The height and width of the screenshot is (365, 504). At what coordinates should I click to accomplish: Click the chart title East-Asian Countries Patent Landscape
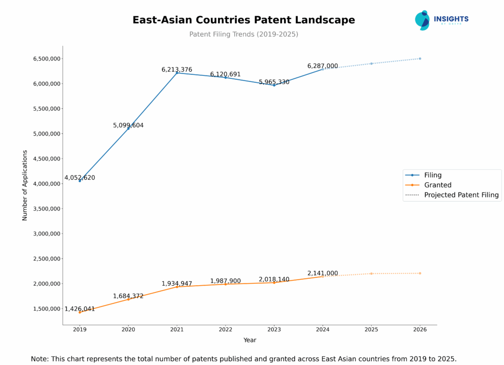click(x=244, y=20)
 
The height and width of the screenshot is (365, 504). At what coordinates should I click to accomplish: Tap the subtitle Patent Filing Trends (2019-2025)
click(x=244, y=34)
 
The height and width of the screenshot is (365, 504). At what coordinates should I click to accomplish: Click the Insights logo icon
click(x=422, y=20)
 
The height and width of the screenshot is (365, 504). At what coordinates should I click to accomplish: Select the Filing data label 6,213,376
click(x=177, y=70)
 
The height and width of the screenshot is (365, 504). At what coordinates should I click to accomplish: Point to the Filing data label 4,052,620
click(x=80, y=178)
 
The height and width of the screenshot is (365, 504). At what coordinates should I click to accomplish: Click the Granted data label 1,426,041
click(x=80, y=309)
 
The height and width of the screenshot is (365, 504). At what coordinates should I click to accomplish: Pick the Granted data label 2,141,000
click(x=322, y=273)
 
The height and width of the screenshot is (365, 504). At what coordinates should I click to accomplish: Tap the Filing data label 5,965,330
click(x=274, y=82)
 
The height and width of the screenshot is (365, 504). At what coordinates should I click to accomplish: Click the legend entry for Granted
click(x=438, y=185)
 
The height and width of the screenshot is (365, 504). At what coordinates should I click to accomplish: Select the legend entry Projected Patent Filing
click(x=461, y=195)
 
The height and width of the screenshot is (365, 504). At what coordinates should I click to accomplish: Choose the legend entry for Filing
click(x=433, y=175)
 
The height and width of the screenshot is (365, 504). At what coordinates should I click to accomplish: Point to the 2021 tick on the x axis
click(x=177, y=329)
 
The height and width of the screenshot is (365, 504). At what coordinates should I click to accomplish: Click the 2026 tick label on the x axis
click(x=419, y=329)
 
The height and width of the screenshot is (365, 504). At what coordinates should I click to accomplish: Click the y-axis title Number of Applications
click(x=25, y=185)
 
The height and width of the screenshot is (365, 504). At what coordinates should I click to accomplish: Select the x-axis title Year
click(x=250, y=340)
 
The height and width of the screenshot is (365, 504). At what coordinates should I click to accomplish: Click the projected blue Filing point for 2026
click(x=420, y=59)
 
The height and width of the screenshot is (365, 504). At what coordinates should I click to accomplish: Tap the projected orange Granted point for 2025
click(x=371, y=273)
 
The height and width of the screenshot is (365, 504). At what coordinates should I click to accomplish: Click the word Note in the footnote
click(x=40, y=359)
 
